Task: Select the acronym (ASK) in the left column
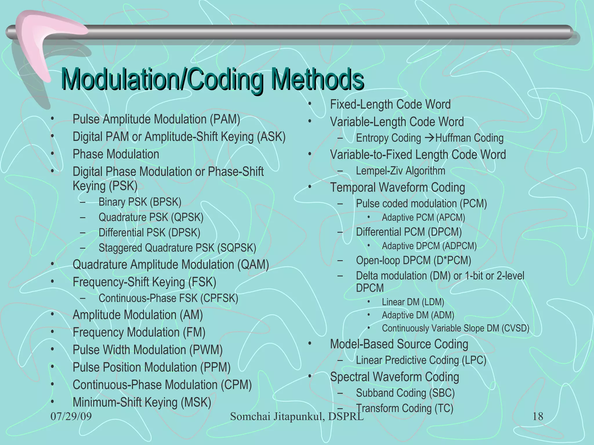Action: tap(271, 137)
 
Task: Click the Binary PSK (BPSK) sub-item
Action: tap(140, 202)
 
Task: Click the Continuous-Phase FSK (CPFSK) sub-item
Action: tap(168, 298)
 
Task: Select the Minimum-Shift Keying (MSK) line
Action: tap(142, 402)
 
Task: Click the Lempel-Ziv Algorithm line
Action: tap(400, 171)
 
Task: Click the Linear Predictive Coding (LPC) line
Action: tap(421, 360)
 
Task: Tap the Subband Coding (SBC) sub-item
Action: tap(405, 393)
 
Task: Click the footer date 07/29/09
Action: tap(71, 416)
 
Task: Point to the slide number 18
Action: tap(538, 416)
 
